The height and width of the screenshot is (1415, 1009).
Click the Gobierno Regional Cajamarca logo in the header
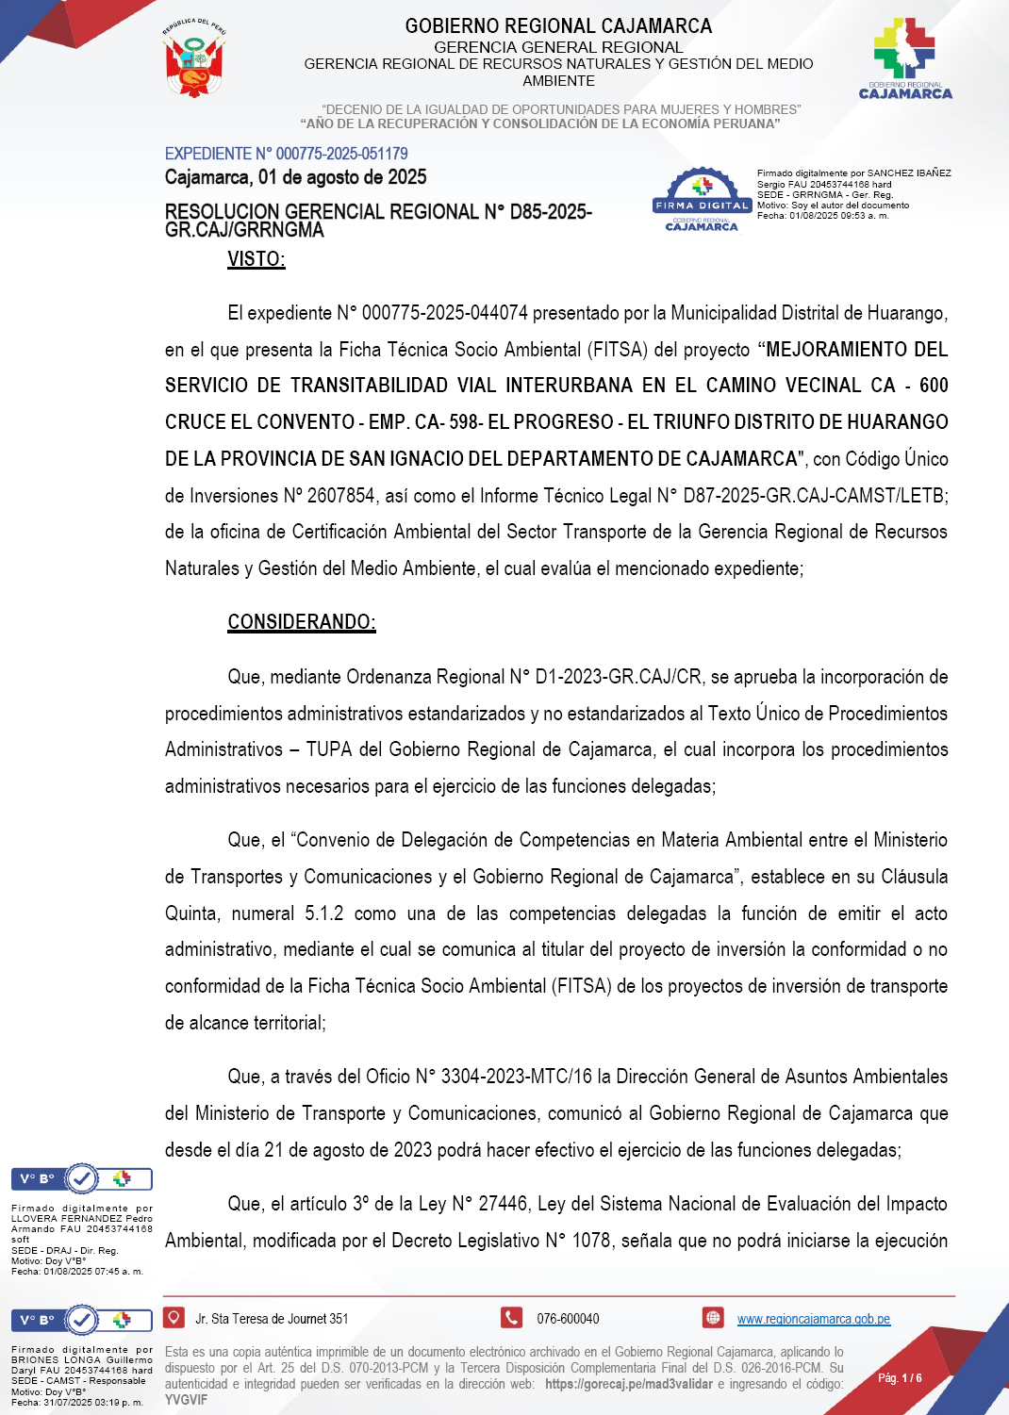click(904, 58)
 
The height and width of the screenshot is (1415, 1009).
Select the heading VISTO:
click(256, 259)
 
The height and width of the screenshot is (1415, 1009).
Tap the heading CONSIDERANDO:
click(302, 622)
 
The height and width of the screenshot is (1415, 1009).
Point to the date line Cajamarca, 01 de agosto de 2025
click(295, 177)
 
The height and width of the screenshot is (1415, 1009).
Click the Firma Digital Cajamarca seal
click(702, 200)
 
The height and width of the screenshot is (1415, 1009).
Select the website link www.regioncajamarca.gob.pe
click(813, 1319)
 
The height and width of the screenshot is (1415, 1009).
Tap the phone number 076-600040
click(568, 1319)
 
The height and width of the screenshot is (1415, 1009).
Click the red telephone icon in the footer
click(511, 1318)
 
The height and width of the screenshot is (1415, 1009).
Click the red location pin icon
click(174, 1318)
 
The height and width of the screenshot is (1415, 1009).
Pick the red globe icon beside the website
click(713, 1318)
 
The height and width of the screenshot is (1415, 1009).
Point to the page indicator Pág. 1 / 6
click(900, 1378)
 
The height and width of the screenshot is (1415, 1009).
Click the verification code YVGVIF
click(186, 1400)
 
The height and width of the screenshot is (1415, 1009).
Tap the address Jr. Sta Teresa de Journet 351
click(272, 1319)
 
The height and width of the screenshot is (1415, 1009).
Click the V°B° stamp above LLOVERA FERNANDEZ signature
click(82, 1178)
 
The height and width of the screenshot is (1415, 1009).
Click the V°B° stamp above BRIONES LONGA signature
click(82, 1320)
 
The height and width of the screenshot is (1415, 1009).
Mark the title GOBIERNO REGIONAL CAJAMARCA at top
click(558, 26)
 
